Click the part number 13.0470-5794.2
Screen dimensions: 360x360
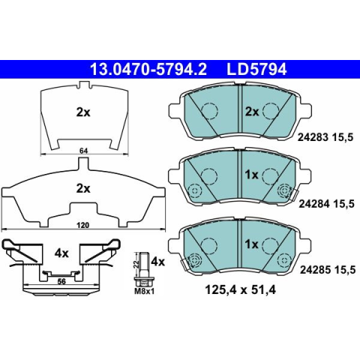pos(148,70)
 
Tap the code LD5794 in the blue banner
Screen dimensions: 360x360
pos(256,70)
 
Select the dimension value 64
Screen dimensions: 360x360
pos(84,151)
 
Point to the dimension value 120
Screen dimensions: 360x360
pos(83,225)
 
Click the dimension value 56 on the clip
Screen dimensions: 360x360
pos(61,281)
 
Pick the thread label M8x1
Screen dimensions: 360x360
pos(144,291)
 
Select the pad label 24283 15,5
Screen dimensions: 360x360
pos(325,137)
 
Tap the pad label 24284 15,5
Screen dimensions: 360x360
pos(326,204)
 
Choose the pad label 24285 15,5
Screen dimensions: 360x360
pos(328,270)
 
